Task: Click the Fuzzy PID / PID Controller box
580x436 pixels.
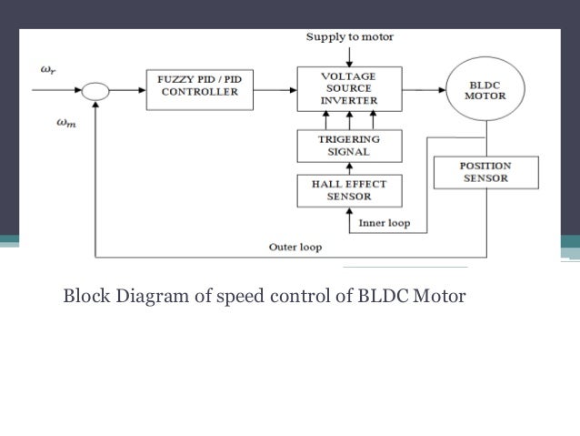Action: coord(199,86)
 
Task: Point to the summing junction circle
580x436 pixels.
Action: coord(95,91)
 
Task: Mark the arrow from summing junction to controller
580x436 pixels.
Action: coord(127,90)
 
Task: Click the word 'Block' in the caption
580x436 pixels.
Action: coord(83,296)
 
